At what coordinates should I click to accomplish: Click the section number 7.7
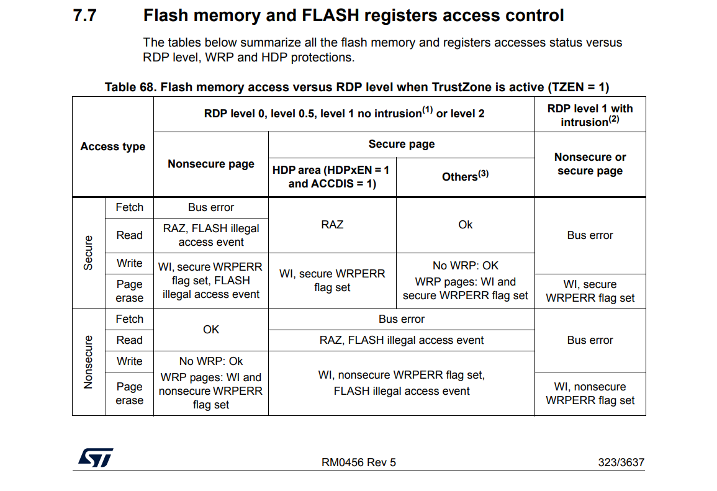pyautogui.click(x=85, y=16)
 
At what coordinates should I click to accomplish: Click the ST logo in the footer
pyautogui.click(x=96, y=458)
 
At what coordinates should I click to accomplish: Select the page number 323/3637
pyautogui.click(x=621, y=462)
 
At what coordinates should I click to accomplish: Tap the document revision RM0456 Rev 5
pyautogui.click(x=358, y=462)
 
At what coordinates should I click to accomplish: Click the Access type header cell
pyautogui.click(x=113, y=146)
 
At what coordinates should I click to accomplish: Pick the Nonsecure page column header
pyautogui.click(x=211, y=164)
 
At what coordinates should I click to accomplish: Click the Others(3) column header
pyautogui.click(x=465, y=176)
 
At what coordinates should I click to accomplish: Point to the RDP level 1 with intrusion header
pyautogui.click(x=590, y=115)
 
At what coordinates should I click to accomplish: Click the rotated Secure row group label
pyautogui.click(x=88, y=253)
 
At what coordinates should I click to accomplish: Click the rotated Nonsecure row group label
pyautogui.click(x=88, y=362)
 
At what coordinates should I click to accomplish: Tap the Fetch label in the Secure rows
pyautogui.click(x=129, y=207)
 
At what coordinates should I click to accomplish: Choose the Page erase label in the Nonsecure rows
pyautogui.click(x=129, y=394)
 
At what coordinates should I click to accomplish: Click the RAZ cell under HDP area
pyautogui.click(x=331, y=225)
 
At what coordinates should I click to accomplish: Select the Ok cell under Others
pyautogui.click(x=465, y=225)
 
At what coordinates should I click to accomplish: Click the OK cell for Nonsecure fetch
pyautogui.click(x=211, y=330)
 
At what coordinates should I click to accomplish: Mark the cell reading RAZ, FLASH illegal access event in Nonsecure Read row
pyautogui.click(x=401, y=340)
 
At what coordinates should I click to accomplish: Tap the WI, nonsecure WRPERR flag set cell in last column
pyautogui.click(x=590, y=394)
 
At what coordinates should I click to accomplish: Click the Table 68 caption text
pyautogui.click(x=357, y=87)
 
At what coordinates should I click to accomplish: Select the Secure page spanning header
pyautogui.click(x=401, y=144)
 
